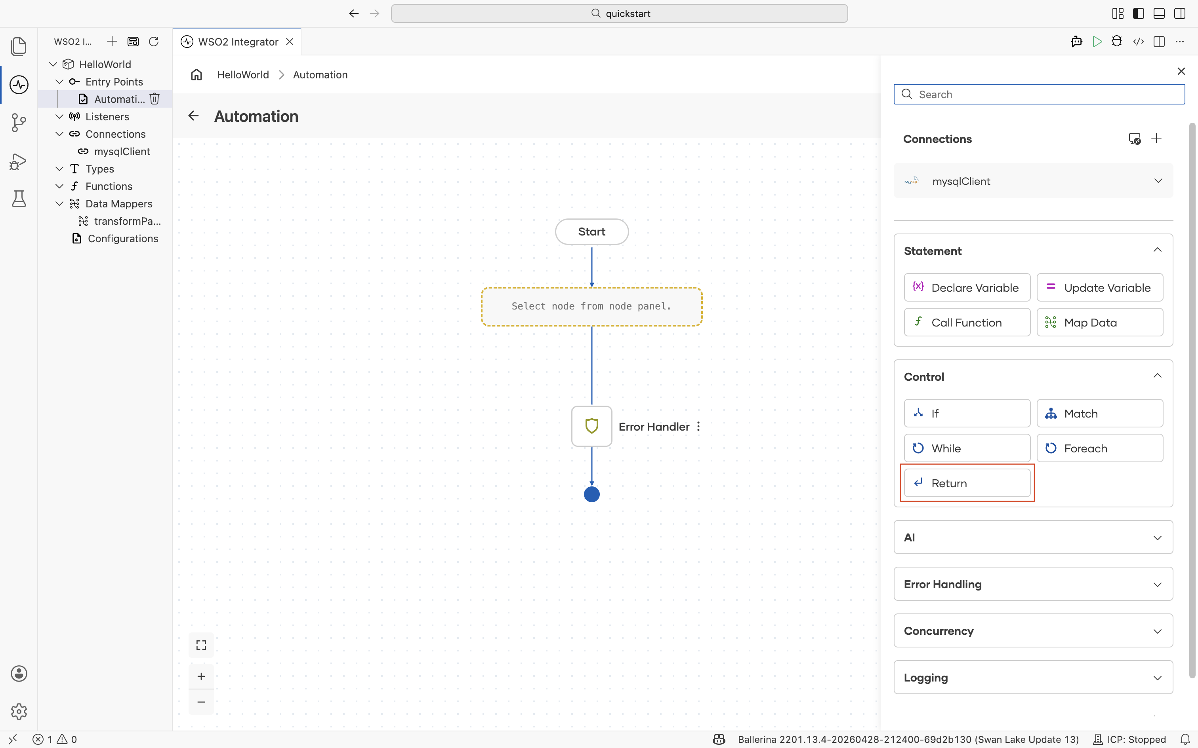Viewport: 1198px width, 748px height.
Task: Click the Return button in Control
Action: tap(967, 483)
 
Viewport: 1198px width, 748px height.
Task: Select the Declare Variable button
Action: tap(967, 287)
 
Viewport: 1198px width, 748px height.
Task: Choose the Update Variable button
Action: tap(1099, 287)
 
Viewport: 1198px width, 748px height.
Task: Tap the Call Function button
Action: tap(967, 322)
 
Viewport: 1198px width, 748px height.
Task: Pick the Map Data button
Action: tap(1099, 322)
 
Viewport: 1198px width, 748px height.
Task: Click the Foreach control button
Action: tap(1099, 448)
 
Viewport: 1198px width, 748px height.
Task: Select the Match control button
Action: tap(1099, 413)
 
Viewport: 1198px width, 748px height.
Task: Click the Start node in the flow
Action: tap(591, 232)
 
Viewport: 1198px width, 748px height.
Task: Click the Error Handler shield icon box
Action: tap(591, 426)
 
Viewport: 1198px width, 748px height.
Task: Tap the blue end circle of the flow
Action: tap(591, 494)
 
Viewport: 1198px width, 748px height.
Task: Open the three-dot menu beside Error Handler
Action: tap(698, 427)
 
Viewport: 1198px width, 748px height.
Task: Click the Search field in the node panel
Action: tap(1039, 94)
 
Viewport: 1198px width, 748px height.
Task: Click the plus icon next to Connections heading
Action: tap(1156, 139)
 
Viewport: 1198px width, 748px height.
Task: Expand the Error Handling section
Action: tap(1033, 584)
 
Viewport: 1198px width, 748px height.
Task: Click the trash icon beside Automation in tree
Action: tap(155, 99)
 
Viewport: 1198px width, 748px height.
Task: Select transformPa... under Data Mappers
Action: tap(127, 221)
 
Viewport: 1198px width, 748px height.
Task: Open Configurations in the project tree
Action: tap(123, 238)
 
